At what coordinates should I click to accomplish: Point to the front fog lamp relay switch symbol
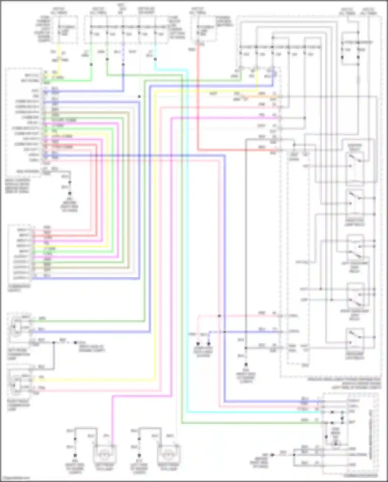point(355,202)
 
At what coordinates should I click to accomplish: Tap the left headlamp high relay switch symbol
point(355,250)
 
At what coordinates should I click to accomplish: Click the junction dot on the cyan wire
point(155,59)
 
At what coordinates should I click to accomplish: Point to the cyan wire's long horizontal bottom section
point(253,412)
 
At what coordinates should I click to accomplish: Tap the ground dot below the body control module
point(70,193)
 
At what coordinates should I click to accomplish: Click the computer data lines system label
point(203,352)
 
